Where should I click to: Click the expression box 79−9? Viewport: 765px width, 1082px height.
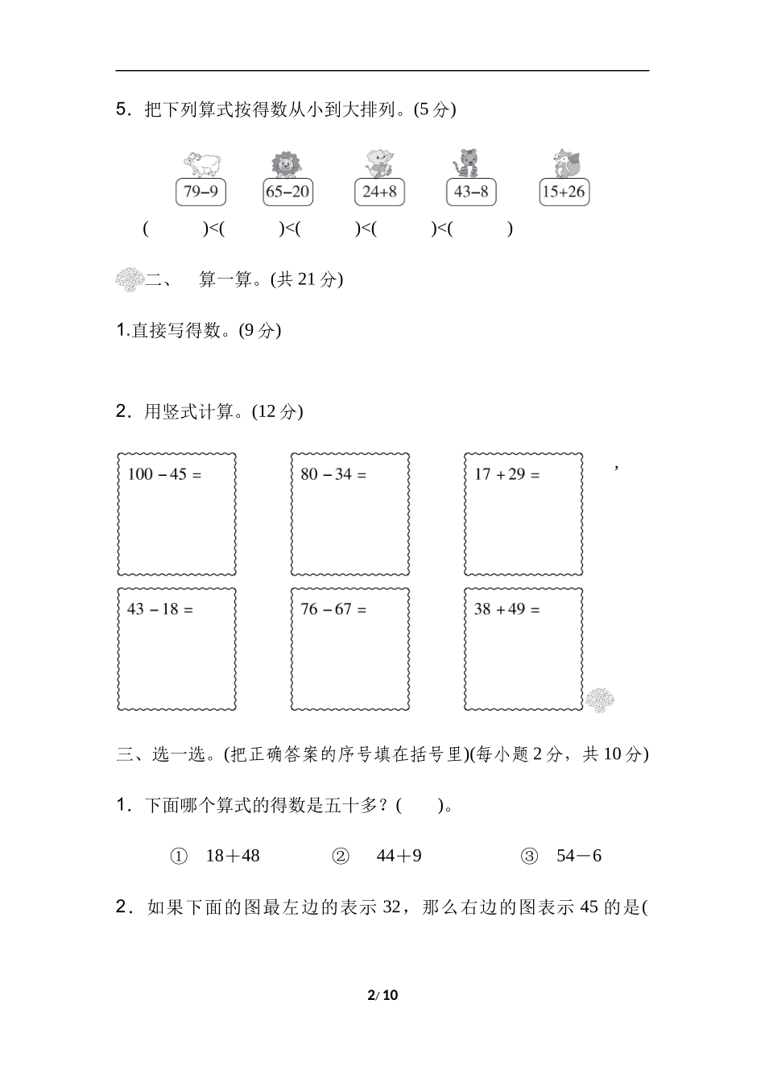[201, 192]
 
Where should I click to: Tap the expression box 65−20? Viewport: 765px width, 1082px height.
[287, 192]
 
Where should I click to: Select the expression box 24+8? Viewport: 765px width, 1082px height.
[379, 192]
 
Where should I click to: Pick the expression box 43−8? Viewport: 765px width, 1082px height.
[471, 192]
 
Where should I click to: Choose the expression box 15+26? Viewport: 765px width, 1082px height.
[564, 192]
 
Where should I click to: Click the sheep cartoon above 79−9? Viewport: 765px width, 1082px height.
[201, 163]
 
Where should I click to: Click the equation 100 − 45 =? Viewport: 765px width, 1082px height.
[164, 474]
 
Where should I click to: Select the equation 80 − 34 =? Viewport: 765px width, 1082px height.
[333, 474]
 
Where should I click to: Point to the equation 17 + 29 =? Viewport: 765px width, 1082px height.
[507, 474]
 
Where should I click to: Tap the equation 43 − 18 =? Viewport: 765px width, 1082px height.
[160, 609]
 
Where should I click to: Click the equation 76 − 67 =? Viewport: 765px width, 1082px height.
[333, 609]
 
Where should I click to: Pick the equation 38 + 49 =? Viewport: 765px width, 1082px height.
[507, 609]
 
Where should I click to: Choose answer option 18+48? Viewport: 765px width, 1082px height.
[233, 856]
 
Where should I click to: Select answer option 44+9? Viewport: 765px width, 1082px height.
[399, 856]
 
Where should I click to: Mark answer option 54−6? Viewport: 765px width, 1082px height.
[579, 856]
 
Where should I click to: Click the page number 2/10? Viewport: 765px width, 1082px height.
[382, 995]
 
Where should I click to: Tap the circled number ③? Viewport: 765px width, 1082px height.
[529, 856]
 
